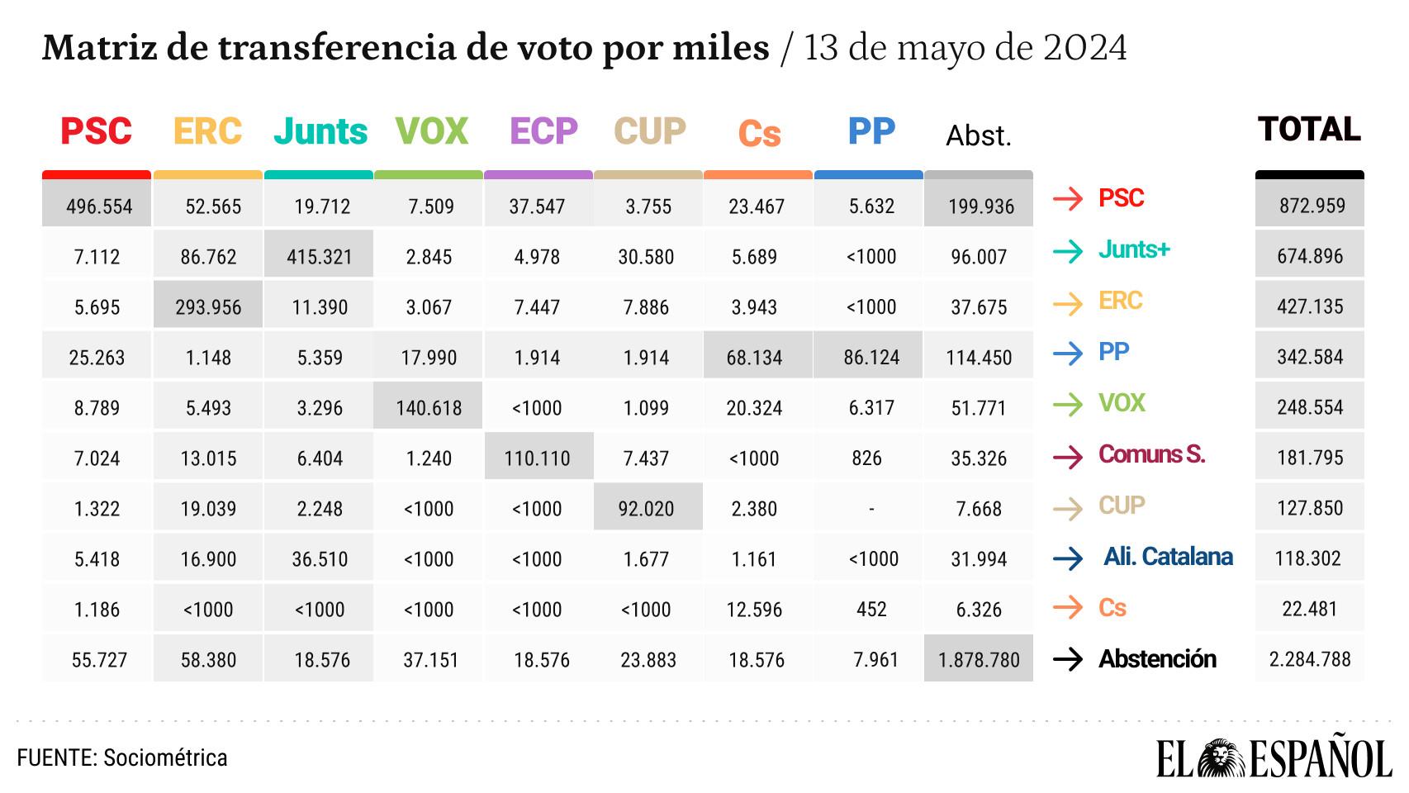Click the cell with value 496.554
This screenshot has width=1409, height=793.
(x=99, y=207)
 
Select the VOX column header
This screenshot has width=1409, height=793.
(x=432, y=131)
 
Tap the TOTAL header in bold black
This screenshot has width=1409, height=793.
(x=1309, y=130)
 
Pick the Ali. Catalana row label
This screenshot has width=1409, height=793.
(x=1168, y=557)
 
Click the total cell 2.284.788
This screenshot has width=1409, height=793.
(x=1310, y=659)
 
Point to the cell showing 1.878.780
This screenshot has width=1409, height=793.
(x=979, y=660)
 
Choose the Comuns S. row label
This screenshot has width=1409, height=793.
(x=1151, y=454)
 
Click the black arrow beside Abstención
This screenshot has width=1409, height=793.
(x=1068, y=659)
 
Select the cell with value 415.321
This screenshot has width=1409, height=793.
(x=320, y=257)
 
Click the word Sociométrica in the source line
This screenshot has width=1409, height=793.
(x=165, y=757)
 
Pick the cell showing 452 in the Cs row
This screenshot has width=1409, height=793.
(x=871, y=610)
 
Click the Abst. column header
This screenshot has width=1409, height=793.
(x=979, y=135)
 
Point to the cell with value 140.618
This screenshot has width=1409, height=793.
(x=429, y=408)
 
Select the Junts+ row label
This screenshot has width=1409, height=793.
(x=1134, y=249)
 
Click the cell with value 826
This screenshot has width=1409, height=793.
(x=867, y=458)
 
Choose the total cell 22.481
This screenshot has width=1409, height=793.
(x=1310, y=609)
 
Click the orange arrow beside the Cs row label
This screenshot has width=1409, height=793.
(x=1068, y=608)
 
